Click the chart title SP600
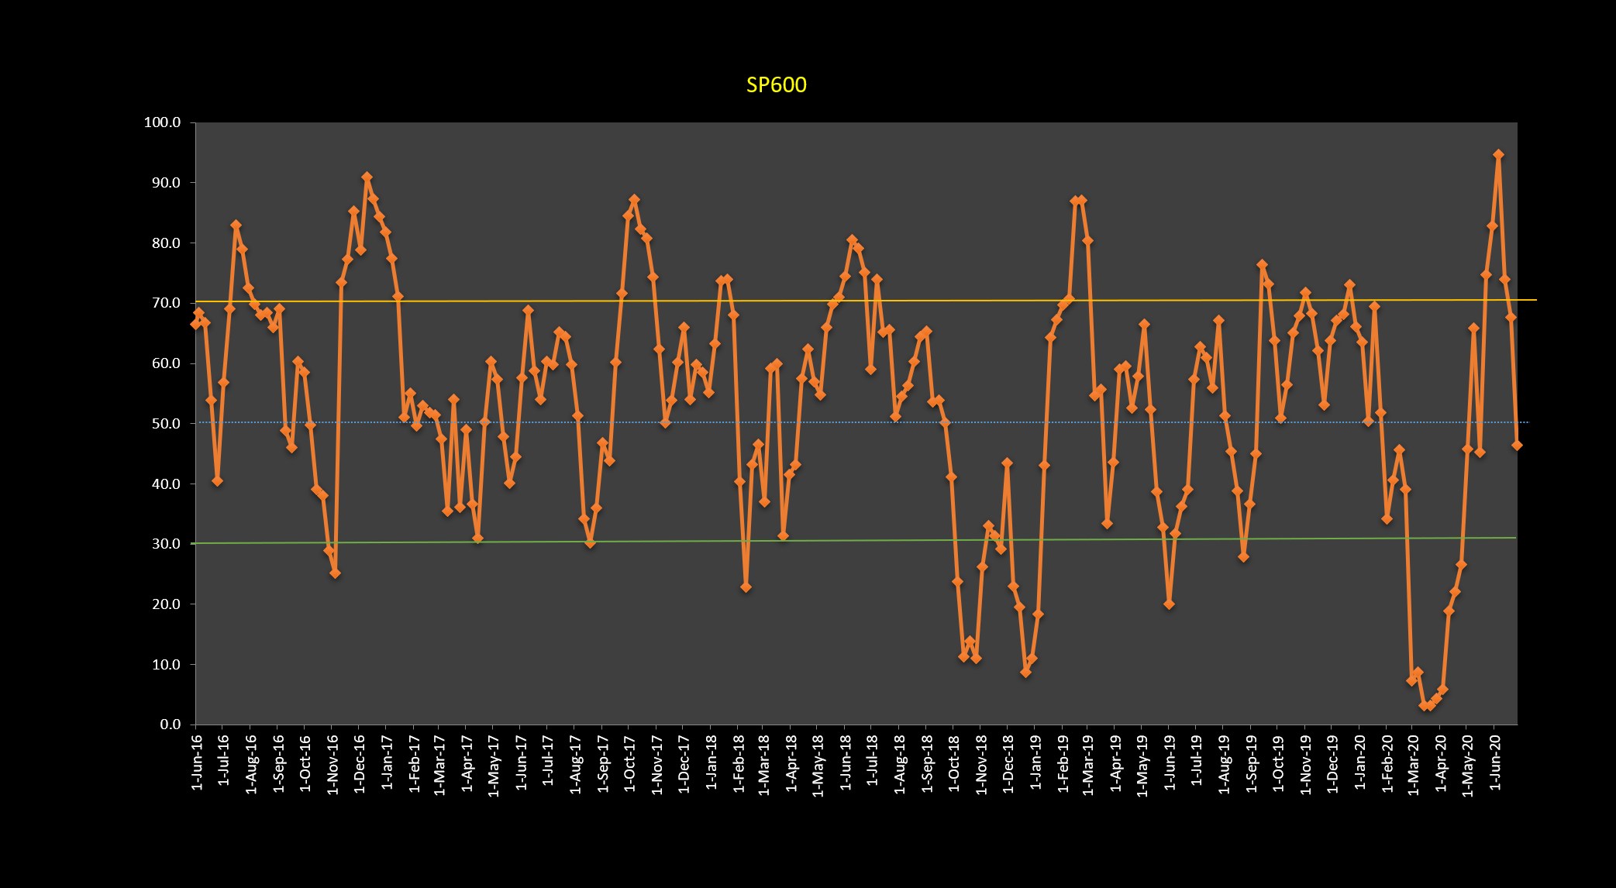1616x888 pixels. (776, 85)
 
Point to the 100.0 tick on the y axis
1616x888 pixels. (162, 122)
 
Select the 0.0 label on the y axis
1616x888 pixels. (170, 725)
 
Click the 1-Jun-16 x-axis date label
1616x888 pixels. (197, 763)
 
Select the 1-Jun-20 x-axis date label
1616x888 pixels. (1496, 763)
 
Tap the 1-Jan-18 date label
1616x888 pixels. (711, 763)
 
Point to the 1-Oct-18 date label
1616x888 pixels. (954, 763)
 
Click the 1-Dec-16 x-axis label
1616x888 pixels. (360, 763)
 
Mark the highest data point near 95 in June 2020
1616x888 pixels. (1498, 155)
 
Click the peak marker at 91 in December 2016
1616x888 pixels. (367, 177)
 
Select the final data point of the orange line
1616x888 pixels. (1517, 446)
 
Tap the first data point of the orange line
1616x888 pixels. (195, 325)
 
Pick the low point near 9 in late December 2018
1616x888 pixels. (1025, 672)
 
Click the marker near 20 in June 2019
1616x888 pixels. (1169, 604)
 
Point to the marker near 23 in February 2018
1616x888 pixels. (746, 587)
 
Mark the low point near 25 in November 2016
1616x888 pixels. (335, 573)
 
